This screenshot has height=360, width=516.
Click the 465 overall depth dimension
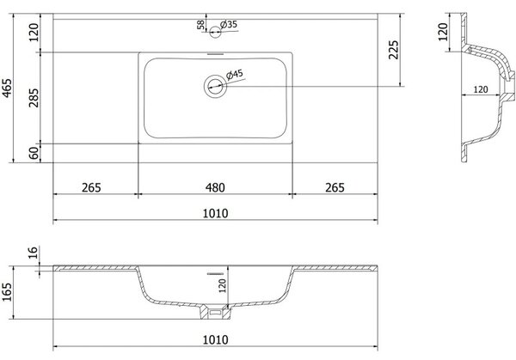(7, 88)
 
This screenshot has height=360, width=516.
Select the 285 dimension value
(34, 98)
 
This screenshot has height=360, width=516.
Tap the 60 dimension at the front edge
(34, 153)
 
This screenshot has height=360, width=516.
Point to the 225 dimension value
(393, 50)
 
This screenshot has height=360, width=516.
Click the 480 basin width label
(215, 187)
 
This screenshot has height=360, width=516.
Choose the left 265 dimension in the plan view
(91, 187)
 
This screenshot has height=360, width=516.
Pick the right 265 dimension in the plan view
(335, 187)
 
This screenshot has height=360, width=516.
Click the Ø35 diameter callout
(229, 24)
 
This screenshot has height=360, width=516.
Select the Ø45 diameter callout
(235, 74)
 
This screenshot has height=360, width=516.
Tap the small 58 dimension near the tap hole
(200, 25)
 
